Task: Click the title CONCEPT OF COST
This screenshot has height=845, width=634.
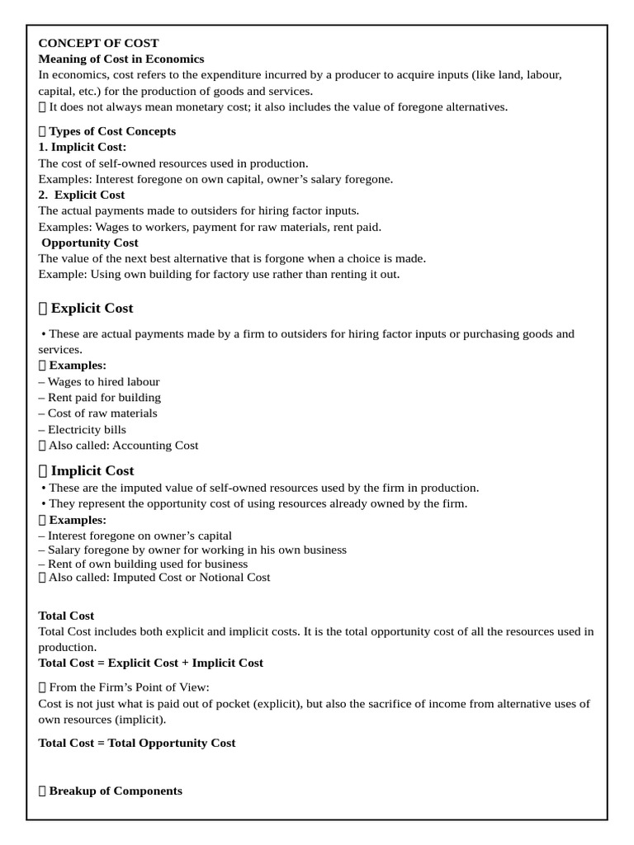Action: tap(98, 43)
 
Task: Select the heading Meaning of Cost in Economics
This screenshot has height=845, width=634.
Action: tap(121, 59)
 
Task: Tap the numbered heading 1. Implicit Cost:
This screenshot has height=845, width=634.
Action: tap(83, 147)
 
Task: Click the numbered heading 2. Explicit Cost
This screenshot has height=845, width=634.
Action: tap(82, 195)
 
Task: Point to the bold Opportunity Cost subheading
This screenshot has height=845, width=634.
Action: tap(90, 243)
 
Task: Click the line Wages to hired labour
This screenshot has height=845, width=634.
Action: tap(100, 381)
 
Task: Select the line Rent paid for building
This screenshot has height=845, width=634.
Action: tap(100, 397)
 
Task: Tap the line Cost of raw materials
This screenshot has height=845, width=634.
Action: tap(98, 413)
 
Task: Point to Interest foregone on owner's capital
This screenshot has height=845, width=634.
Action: tap(135, 536)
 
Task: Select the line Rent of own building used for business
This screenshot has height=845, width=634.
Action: tap(143, 564)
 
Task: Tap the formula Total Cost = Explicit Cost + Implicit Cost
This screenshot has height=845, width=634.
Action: tap(151, 663)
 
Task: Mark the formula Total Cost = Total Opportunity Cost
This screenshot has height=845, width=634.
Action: tap(137, 743)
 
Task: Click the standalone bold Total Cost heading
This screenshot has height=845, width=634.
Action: tap(66, 616)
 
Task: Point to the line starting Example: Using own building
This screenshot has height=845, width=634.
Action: tap(219, 274)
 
